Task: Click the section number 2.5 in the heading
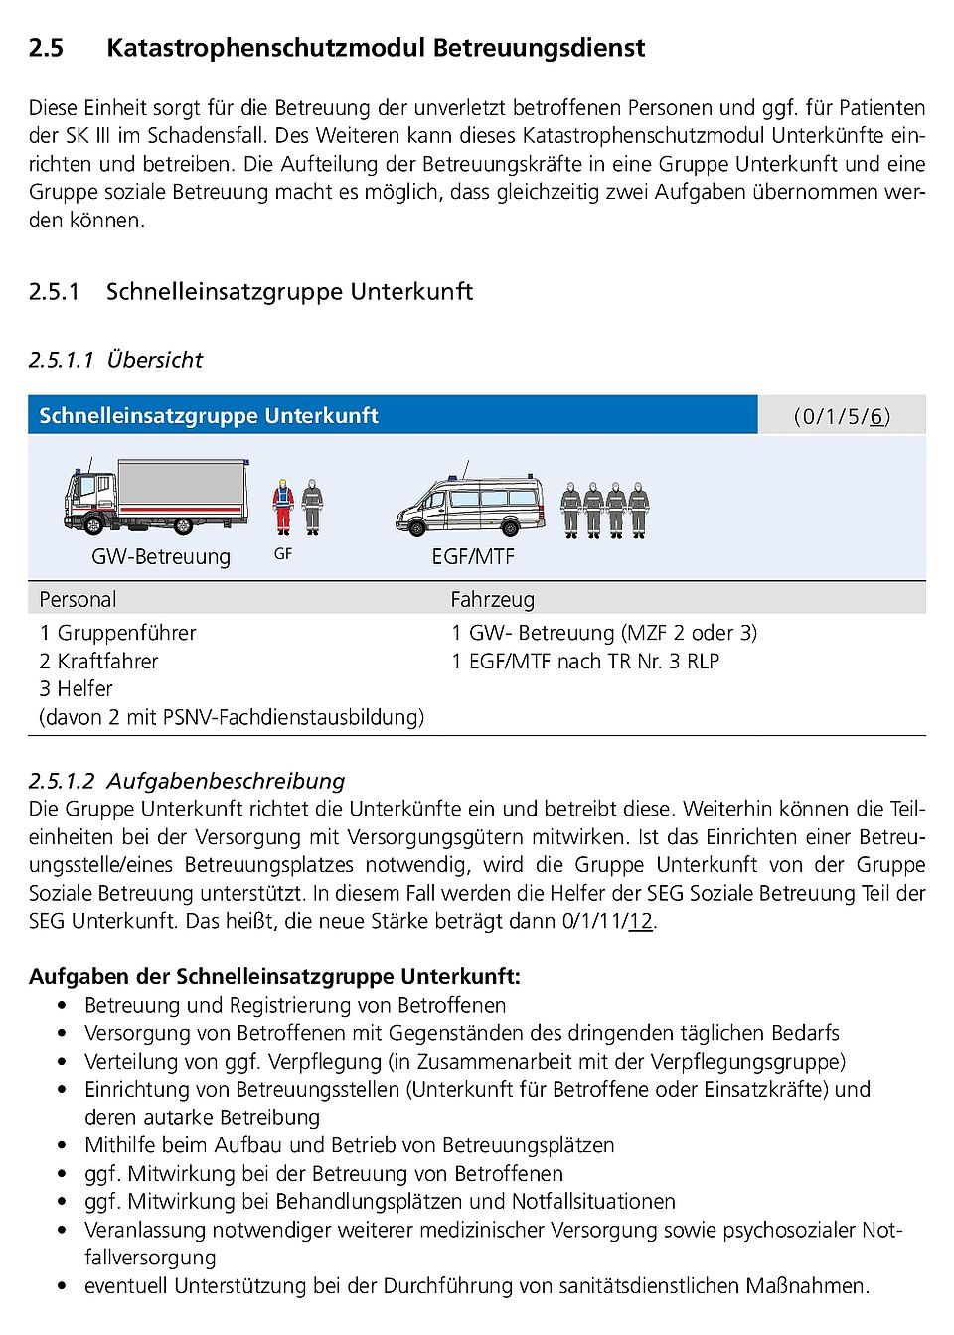(x=46, y=48)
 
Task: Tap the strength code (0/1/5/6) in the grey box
(x=842, y=416)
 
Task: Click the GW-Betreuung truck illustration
(x=156, y=497)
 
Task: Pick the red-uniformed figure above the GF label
(x=283, y=507)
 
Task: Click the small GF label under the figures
(x=283, y=554)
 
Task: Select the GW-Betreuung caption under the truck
(x=161, y=557)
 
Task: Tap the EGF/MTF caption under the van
(x=473, y=557)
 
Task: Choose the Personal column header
(x=78, y=600)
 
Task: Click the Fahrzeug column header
(x=492, y=600)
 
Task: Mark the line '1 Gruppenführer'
(x=117, y=633)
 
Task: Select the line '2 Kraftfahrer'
(x=98, y=662)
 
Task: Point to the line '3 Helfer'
(x=76, y=689)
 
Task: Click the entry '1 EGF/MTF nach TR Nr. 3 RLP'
(x=584, y=662)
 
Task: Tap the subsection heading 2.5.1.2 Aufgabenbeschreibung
(x=187, y=781)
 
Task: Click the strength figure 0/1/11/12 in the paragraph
(x=607, y=921)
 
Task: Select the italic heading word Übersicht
(x=155, y=360)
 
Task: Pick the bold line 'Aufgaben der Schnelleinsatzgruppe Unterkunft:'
(x=274, y=976)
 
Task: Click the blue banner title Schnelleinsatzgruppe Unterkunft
(x=209, y=416)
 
